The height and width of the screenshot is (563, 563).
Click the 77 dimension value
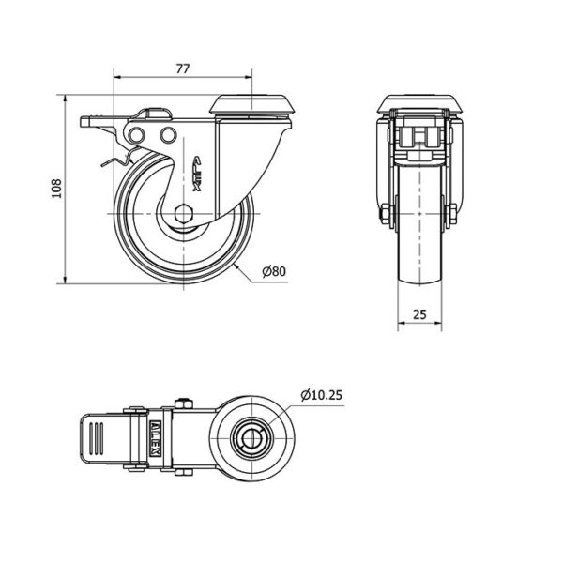coord(182,68)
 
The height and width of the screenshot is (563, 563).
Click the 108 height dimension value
coord(56,189)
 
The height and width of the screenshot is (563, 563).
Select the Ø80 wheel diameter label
coord(274,271)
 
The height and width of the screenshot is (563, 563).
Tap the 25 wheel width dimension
coord(419,314)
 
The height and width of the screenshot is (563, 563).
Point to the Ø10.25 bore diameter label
coord(321,395)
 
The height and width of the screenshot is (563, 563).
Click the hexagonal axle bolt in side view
coord(184,214)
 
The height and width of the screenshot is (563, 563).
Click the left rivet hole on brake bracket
coord(136,135)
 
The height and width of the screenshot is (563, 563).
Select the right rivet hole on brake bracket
coord(168,135)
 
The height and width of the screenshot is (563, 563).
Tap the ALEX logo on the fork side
coord(198,174)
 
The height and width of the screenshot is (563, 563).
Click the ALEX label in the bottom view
coord(155,438)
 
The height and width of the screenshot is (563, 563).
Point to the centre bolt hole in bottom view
coord(252,438)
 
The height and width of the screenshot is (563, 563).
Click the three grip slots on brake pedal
coord(96,438)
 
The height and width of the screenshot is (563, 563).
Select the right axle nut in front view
coord(453,214)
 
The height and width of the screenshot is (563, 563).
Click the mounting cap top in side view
coord(252,104)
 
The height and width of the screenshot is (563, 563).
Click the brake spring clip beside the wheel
coord(116,159)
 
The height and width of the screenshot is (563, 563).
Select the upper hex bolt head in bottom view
coord(184,403)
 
